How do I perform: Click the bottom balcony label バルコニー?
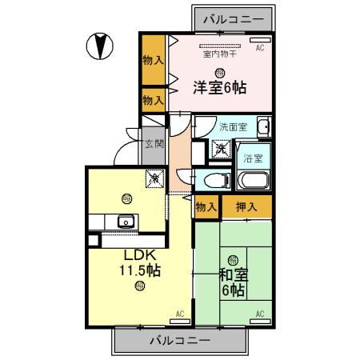coord(181,340)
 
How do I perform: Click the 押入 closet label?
coord(247,207)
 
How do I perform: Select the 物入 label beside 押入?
coord(206,207)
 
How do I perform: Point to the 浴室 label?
coord(254,157)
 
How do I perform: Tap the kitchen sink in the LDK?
coord(125,222)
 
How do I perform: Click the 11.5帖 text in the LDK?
coord(140,271)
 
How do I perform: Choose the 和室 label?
coord(234,274)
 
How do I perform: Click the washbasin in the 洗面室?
coord(263,127)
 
